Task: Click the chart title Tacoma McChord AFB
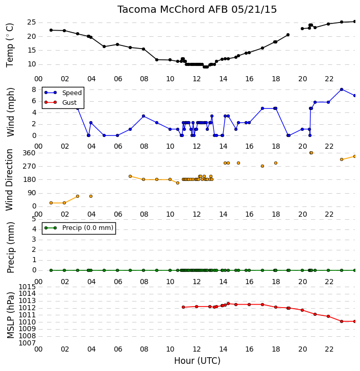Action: point(172,10)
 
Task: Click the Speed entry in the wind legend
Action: point(72,93)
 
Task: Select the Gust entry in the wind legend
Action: point(69,102)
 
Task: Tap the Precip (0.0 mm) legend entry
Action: point(88,228)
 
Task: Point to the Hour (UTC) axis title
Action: point(197,361)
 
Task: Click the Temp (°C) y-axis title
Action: point(10,45)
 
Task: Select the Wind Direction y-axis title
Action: point(9,180)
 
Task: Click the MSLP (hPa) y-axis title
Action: point(10,315)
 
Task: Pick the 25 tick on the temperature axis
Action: point(32,22)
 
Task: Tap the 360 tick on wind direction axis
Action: point(29,153)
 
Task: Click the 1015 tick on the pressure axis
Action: point(27,287)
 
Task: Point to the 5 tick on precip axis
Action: point(34,219)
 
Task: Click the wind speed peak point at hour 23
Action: point(341,89)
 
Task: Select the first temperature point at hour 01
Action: point(51,30)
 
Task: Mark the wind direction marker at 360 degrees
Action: point(311,153)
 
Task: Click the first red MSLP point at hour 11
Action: point(183,307)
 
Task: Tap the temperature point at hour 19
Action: point(288,35)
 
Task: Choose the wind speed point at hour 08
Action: point(143,116)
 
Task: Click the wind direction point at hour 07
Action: point(130,176)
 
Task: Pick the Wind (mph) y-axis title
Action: point(10,112)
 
